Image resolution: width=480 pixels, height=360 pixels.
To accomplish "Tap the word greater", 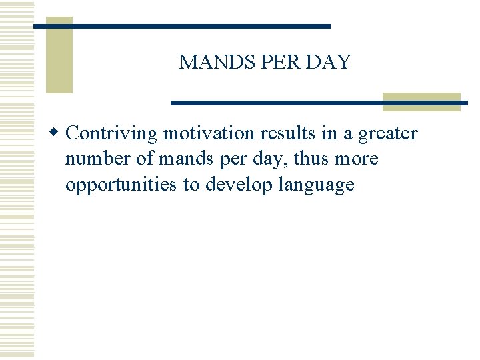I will (x=388, y=134).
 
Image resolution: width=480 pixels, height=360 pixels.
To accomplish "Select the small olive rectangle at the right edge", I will (x=421, y=101).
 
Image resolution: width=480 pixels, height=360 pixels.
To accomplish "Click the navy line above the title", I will (x=181, y=26).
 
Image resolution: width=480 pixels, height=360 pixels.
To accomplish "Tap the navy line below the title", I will (x=319, y=103).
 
